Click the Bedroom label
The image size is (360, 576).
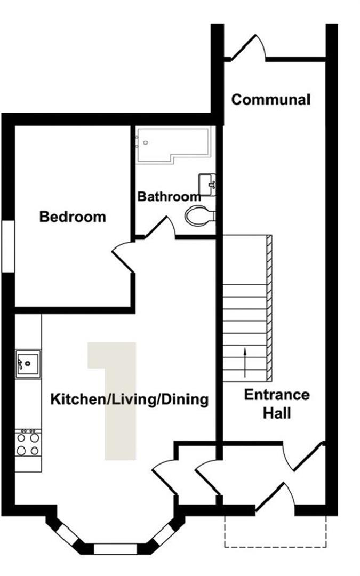coord(73,217)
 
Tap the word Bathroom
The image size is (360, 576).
coord(169,196)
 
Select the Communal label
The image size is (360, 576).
coord(271,99)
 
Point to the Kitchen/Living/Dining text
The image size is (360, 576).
coord(129,399)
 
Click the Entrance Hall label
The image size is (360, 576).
coord(277,404)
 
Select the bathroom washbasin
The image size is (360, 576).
coord(207,185)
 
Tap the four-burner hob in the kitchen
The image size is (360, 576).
coord(28,443)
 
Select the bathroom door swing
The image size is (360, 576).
coord(162,227)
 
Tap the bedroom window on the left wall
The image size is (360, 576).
coord(7,246)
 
